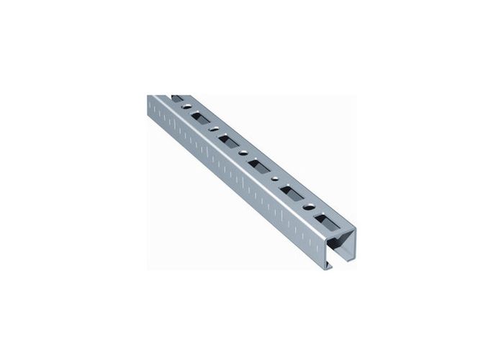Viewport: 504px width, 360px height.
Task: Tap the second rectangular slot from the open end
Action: (292, 193)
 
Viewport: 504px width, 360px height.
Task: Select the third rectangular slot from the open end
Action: (258, 166)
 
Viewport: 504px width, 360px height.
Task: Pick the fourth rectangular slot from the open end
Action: (228, 141)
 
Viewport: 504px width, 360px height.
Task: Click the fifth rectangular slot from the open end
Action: (200, 118)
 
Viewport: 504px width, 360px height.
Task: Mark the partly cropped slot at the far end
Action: (177, 99)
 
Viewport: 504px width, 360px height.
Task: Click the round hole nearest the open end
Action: (308, 207)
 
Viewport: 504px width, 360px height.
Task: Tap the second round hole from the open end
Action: (274, 179)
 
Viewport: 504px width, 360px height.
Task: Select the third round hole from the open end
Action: (243, 153)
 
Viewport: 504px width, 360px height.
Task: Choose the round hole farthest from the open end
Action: (187, 107)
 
